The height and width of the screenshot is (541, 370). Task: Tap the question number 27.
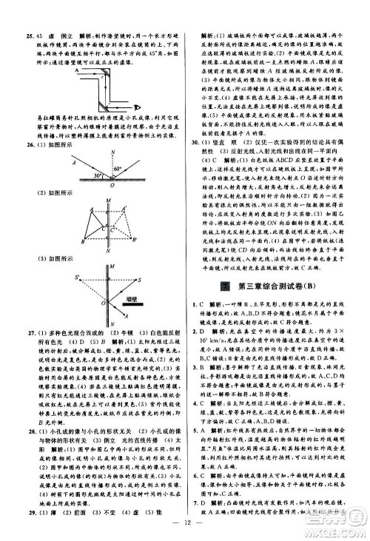coord(26,335)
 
